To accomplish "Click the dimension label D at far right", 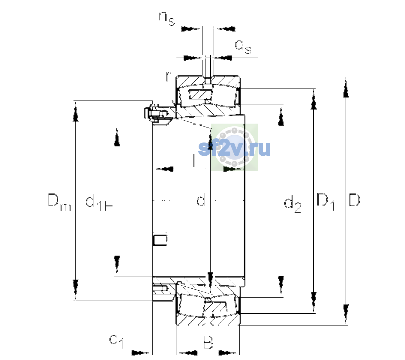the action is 354,200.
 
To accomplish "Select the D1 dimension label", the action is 325,202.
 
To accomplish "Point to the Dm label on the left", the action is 59,202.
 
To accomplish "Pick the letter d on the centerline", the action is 201,200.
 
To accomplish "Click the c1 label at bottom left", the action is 116,341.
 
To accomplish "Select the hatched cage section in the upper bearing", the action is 200,94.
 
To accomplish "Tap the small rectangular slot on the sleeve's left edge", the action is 160,238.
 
